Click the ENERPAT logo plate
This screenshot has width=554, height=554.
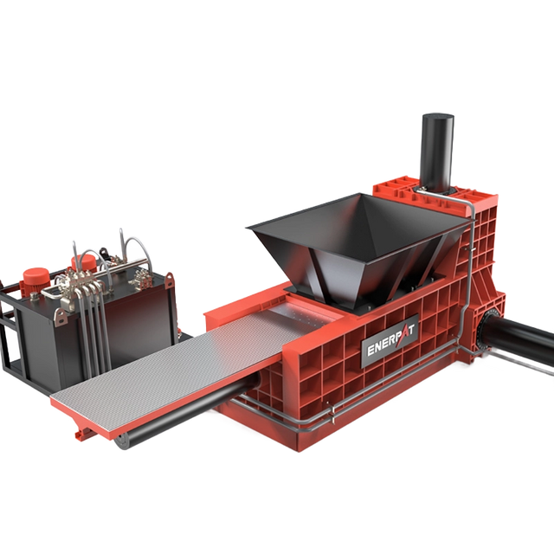[390, 340]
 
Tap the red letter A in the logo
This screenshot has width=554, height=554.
[402, 336]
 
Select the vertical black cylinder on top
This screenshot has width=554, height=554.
[437, 152]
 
